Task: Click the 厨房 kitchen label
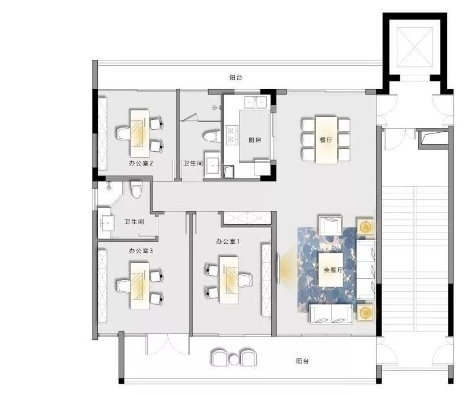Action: point(255,140)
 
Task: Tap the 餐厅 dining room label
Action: point(326,139)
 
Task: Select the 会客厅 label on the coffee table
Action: point(333,270)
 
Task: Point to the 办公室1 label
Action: point(228,241)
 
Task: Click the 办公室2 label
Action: point(141,163)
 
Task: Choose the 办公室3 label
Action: point(141,251)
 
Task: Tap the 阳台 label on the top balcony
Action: point(236,78)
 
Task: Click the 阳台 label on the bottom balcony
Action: point(303,361)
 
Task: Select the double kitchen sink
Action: point(255,103)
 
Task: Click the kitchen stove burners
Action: point(231,135)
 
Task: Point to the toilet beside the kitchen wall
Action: point(212,136)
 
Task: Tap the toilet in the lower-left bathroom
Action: point(136,190)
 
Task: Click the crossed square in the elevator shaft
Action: point(415,47)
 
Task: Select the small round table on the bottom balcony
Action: point(234,359)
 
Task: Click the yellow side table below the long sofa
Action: point(365,313)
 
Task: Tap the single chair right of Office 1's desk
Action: point(245,280)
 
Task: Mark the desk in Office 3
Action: point(139,285)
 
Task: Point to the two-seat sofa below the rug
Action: point(332,314)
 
